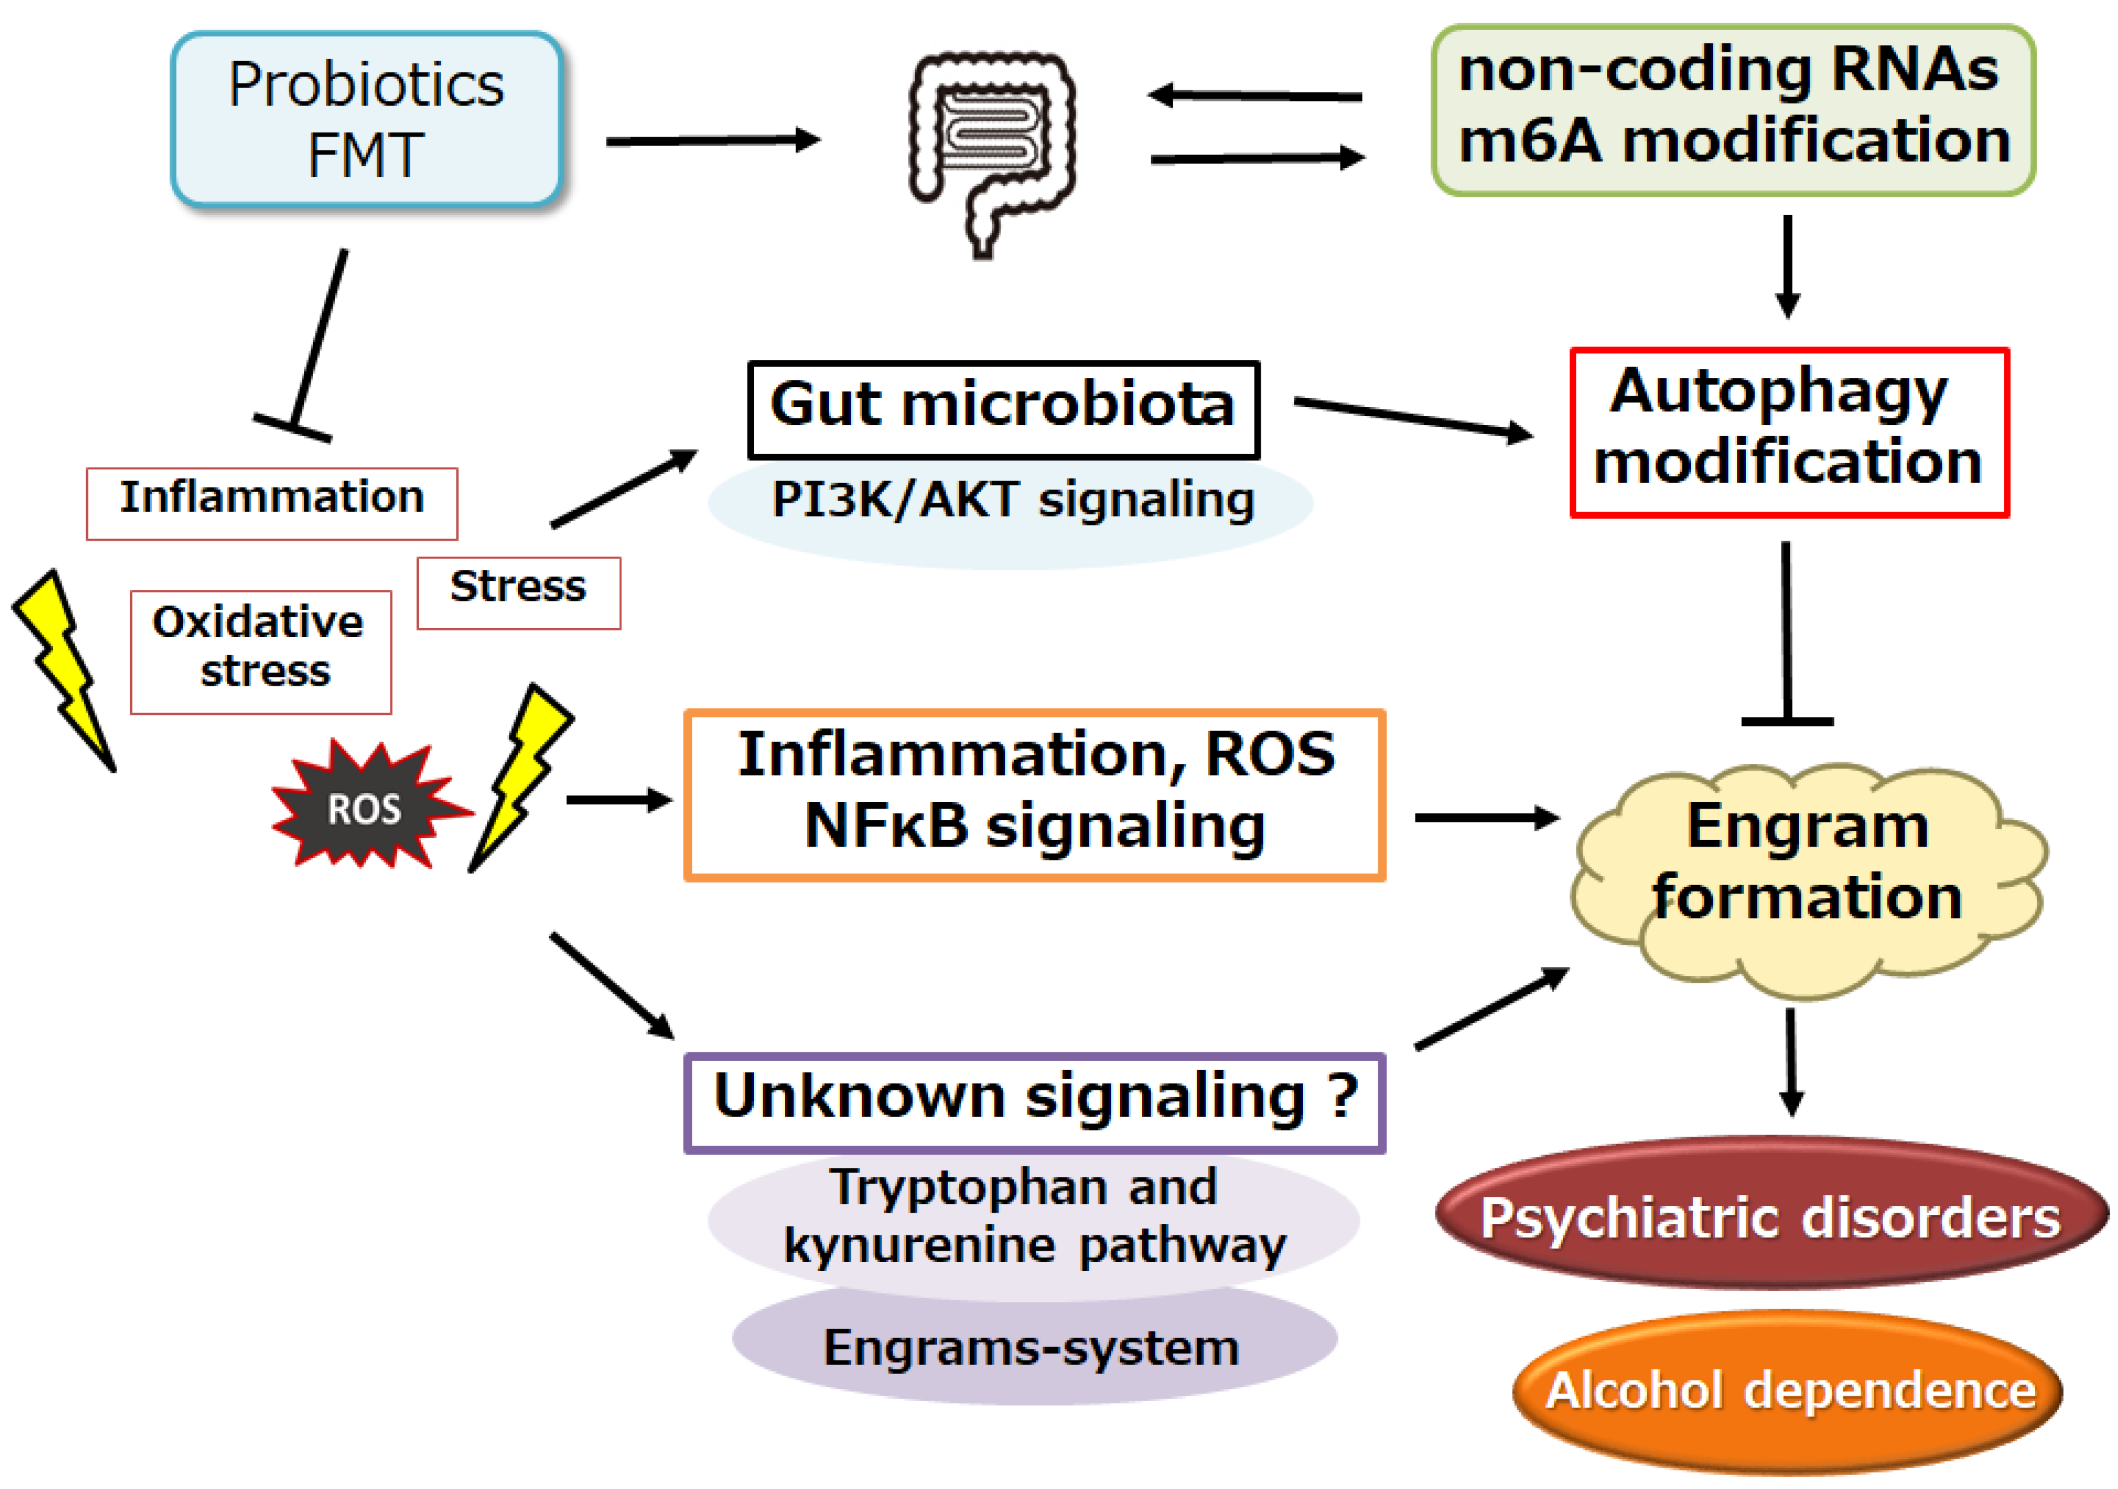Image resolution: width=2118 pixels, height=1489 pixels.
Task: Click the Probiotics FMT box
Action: [366, 119]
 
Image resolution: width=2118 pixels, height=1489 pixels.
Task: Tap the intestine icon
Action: [992, 147]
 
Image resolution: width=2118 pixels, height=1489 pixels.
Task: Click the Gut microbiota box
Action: [1003, 409]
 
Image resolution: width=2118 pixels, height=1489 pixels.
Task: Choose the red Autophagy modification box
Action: [1788, 432]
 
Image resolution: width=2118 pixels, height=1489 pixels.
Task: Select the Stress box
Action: [519, 592]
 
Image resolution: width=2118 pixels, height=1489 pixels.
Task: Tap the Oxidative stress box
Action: [260, 651]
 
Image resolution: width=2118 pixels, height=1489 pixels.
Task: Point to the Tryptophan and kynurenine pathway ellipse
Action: [1033, 1218]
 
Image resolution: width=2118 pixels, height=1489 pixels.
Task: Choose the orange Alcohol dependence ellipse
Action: [1788, 1390]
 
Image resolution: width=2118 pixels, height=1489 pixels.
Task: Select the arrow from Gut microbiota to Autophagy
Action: [1412, 418]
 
